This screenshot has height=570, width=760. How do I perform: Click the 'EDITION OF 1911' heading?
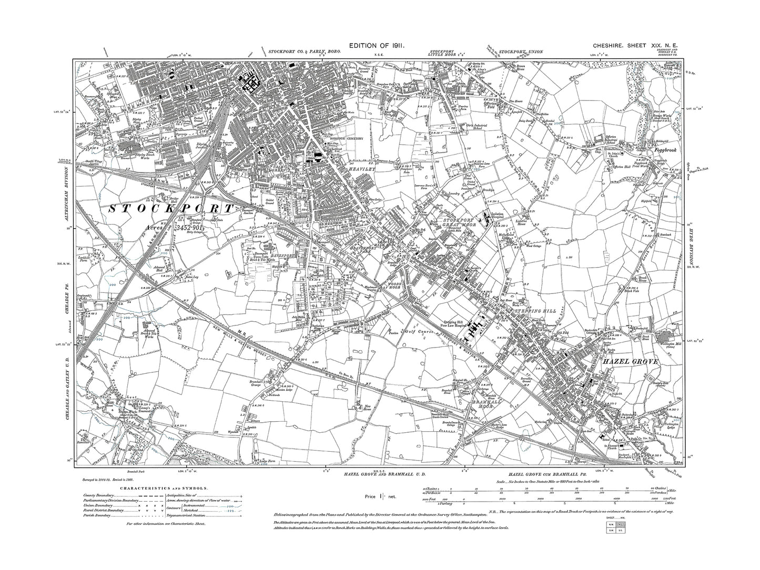(x=376, y=47)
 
